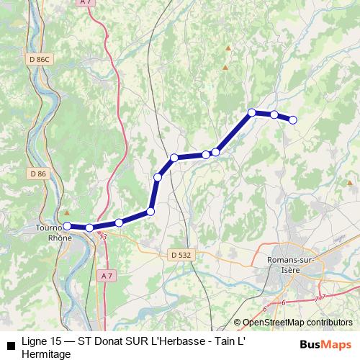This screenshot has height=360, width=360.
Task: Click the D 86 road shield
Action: (x=38, y=174)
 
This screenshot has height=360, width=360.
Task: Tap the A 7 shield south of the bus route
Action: (x=107, y=276)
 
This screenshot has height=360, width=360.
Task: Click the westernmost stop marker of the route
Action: (x=67, y=226)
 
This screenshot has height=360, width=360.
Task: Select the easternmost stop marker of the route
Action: (x=293, y=120)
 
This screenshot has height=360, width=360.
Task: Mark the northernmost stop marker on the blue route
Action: (x=252, y=112)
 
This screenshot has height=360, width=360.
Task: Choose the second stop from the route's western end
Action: (x=89, y=228)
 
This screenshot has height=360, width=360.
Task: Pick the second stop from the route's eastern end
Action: (x=274, y=114)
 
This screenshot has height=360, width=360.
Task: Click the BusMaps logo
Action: (x=325, y=344)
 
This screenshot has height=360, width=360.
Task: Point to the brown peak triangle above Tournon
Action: (x=66, y=213)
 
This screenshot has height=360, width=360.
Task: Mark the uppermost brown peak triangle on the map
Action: (x=228, y=48)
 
